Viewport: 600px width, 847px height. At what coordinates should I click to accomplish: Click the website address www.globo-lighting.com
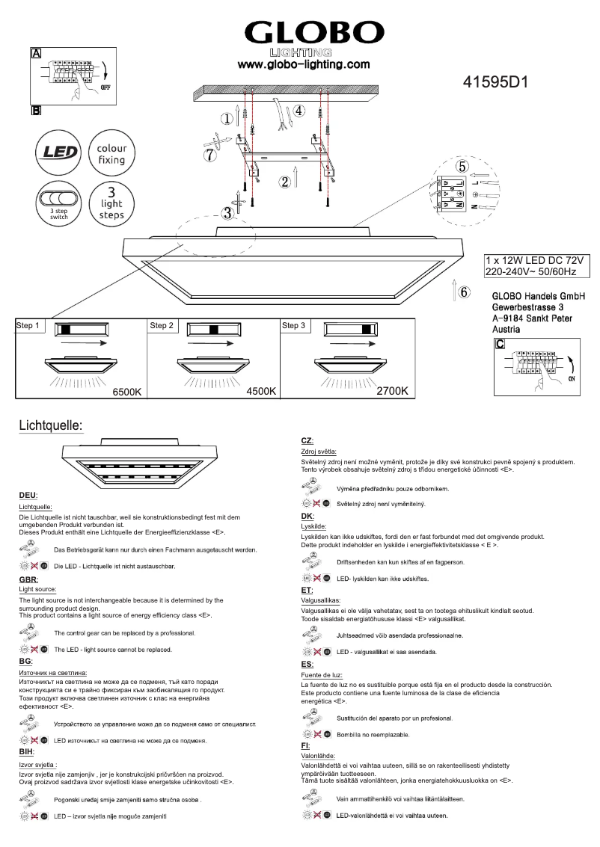pyautogui.click(x=304, y=65)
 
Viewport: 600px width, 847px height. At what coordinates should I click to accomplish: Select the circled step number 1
pyautogui.click(x=227, y=118)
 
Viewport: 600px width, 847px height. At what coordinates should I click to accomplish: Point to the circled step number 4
pyautogui.click(x=299, y=111)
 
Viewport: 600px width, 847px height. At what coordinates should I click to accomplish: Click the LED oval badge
pyautogui.click(x=58, y=153)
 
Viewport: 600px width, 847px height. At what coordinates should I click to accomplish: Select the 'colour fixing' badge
pyautogui.click(x=111, y=154)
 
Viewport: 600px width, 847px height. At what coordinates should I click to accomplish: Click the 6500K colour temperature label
pyautogui.click(x=127, y=391)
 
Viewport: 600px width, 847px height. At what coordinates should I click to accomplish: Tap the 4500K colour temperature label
pyautogui.click(x=261, y=391)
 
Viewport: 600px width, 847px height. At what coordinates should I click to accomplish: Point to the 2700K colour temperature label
pyautogui.click(x=392, y=391)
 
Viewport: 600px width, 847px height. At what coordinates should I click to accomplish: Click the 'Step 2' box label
pyautogui.click(x=162, y=326)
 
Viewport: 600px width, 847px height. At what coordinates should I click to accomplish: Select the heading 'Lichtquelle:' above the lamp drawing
pyautogui.click(x=49, y=426)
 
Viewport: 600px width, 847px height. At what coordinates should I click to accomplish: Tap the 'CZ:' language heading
pyautogui.click(x=307, y=441)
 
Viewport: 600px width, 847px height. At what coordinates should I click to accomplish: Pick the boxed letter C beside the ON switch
pyautogui.click(x=500, y=344)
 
